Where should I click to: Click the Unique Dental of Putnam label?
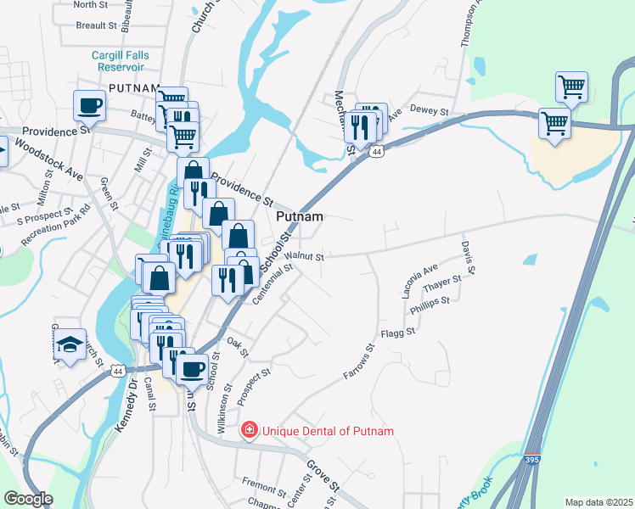328,431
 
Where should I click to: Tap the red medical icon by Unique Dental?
250,431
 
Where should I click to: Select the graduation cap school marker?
70,346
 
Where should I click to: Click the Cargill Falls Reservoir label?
121,61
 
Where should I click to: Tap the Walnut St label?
304,255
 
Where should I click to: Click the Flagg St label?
397,333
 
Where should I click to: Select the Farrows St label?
359,361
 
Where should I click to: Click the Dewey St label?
428,109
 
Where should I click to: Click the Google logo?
28,499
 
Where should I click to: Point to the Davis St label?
468,257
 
